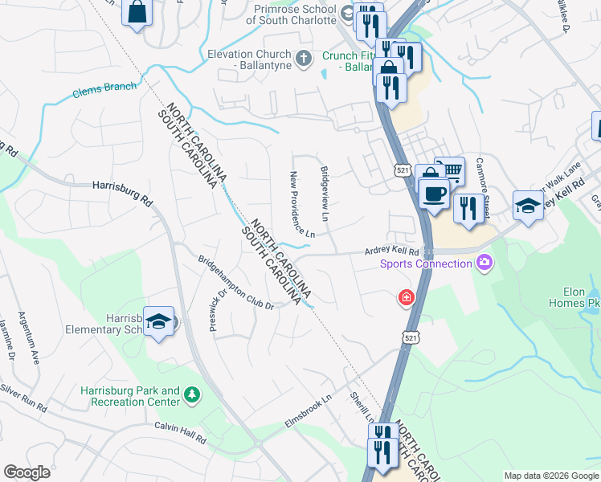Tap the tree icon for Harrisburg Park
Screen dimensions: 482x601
pos(191,394)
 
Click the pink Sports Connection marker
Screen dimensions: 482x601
pos(484,262)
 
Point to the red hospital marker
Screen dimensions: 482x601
pos(407,298)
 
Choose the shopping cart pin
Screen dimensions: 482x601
pos(452,170)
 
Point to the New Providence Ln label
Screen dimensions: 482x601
pos(301,204)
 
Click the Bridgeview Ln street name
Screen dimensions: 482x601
pos(325,194)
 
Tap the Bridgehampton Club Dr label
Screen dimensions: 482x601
pos(237,282)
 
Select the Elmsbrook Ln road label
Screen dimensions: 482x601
pos(308,411)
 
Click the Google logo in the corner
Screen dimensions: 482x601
pos(27,472)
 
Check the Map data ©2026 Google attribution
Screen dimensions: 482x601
pos(551,476)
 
